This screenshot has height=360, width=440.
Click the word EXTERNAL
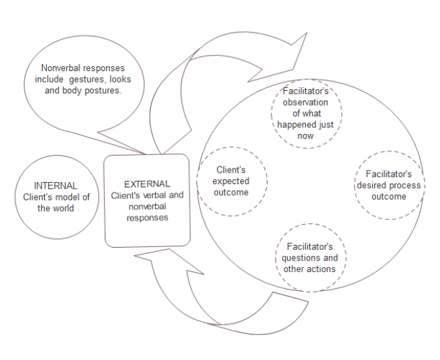[x=147, y=183]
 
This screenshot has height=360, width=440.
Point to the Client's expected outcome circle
[x=232, y=181]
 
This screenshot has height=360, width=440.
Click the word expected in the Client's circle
[x=232, y=181]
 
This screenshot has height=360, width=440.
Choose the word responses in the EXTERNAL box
[x=147, y=218]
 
